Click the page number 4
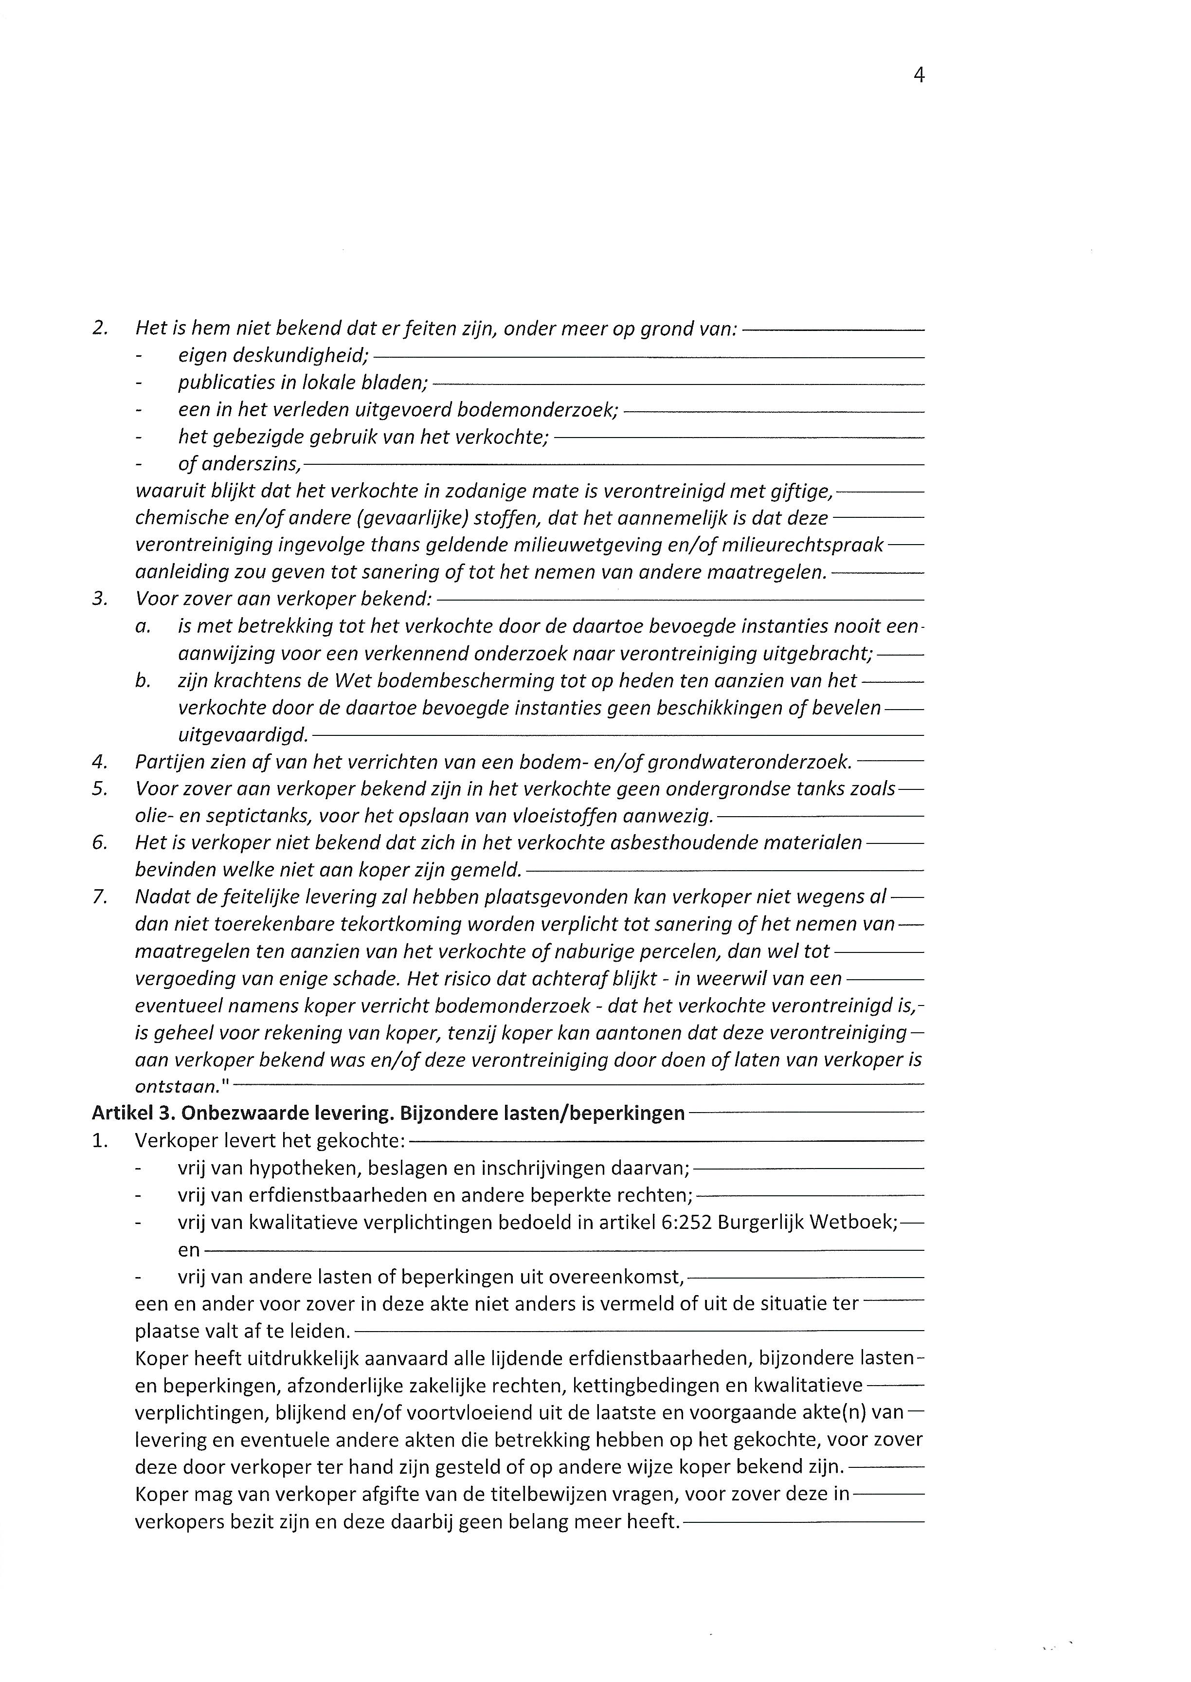click(x=918, y=75)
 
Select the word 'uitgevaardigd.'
click(x=243, y=735)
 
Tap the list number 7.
click(x=99, y=897)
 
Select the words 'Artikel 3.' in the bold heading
click(x=132, y=1114)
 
